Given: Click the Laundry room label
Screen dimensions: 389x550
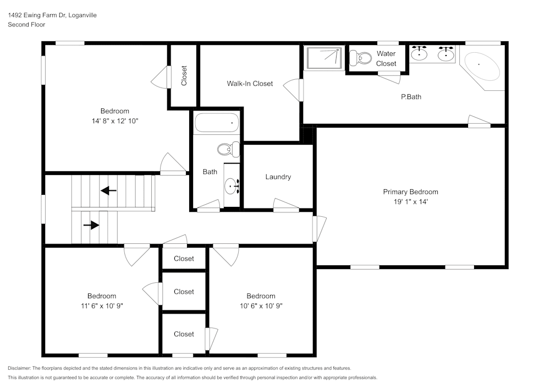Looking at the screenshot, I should click(278, 177).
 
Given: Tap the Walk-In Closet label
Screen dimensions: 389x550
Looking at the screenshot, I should click(250, 84).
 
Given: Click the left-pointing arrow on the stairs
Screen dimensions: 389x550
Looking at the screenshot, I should click(108, 191).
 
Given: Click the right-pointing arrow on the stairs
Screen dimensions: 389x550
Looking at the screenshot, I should click(91, 225).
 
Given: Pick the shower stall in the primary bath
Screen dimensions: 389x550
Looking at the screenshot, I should click(324, 58).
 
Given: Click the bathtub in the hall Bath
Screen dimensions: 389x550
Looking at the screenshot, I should click(217, 123).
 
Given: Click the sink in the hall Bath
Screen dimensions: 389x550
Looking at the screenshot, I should click(232, 187).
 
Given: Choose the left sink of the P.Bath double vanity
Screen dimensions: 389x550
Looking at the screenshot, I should click(420, 53).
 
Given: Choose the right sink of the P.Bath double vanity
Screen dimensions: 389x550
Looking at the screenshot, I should click(446, 53).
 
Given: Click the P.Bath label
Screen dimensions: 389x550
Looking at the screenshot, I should click(411, 97).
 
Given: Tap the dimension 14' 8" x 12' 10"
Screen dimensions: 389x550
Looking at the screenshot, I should click(115, 121).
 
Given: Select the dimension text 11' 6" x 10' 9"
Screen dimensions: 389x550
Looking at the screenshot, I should click(102, 306).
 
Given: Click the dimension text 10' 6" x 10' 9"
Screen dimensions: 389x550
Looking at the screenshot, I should click(261, 306).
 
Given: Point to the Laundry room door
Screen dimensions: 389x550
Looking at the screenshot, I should click(286, 206).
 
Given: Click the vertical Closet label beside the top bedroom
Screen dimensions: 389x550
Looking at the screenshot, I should click(184, 76).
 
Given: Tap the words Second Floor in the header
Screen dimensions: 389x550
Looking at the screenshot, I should click(26, 25).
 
